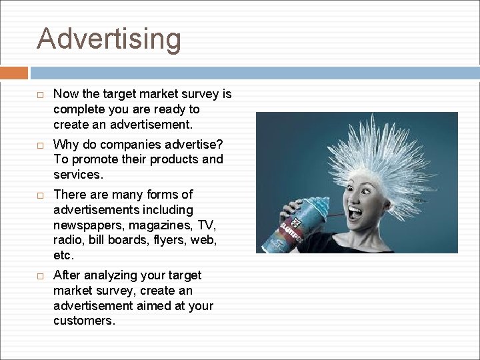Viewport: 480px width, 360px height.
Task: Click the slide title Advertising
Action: pos(109,39)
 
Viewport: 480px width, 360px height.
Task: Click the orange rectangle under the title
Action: pos(14,73)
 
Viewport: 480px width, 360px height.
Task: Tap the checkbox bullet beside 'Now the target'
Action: pos(41,95)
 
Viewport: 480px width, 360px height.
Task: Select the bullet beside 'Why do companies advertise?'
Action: pos(41,145)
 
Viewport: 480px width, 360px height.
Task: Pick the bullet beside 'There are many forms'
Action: pos(41,195)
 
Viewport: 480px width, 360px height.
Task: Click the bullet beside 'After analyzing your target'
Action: pos(41,276)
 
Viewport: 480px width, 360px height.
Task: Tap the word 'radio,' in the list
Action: pos(69,240)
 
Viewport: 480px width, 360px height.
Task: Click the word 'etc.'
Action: pos(64,255)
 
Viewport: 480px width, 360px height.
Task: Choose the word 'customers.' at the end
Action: pos(84,321)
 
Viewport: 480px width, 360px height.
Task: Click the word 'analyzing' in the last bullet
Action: pos(110,275)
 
